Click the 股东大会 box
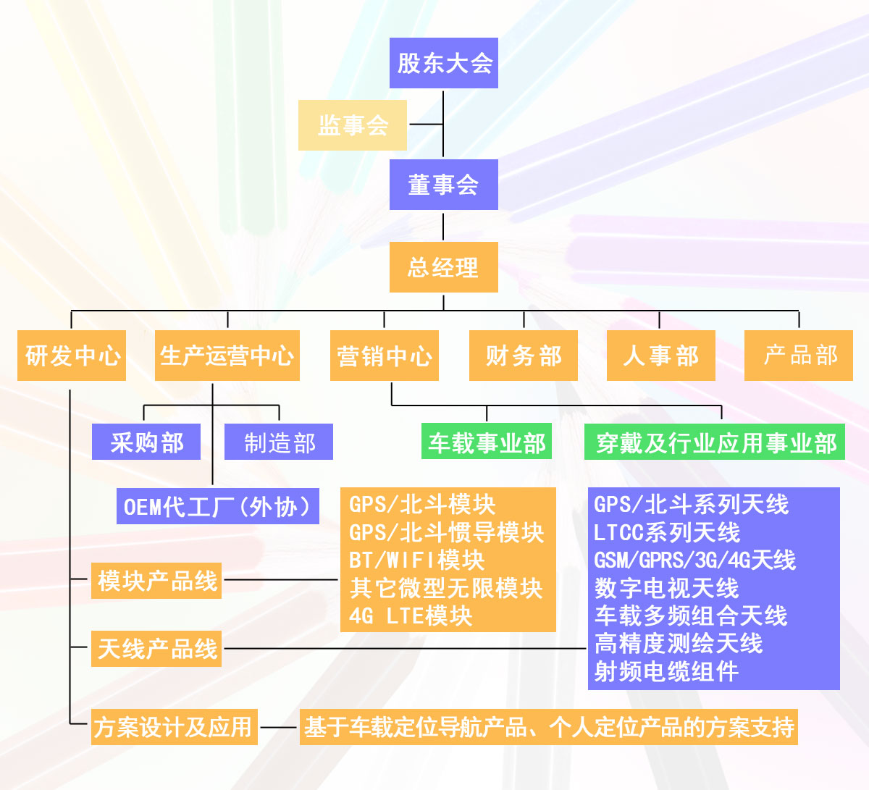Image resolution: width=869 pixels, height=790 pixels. click(x=443, y=63)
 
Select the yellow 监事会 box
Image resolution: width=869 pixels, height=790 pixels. click(x=353, y=125)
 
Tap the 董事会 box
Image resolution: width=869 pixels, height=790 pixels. click(x=443, y=185)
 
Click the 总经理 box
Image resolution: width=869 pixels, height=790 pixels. click(x=443, y=267)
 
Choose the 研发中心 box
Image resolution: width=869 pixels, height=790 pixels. click(x=72, y=356)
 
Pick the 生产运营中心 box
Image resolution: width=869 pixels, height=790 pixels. click(x=227, y=356)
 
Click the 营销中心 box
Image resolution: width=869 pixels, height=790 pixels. click(x=384, y=356)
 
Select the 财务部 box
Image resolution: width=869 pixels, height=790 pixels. click(x=523, y=356)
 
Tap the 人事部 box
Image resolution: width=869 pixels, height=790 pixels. click(x=660, y=356)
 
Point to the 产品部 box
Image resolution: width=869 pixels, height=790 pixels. click(x=799, y=356)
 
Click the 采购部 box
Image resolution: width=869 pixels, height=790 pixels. click(x=146, y=442)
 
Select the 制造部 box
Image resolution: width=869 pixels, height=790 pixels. click(x=279, y=442)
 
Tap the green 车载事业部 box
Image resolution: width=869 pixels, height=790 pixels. click(x=487, y=442)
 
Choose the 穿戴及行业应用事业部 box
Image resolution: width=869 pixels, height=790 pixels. click(x=715, y=442)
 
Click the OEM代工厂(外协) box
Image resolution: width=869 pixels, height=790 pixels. click(x=217, y=506)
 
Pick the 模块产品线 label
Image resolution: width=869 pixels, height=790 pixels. click(x=156, y=581)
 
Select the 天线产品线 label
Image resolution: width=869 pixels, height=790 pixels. click(x=156, y=649)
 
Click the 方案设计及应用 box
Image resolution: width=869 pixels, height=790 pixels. click(x=174, y=727)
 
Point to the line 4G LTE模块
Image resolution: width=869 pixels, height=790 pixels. click(x=411, y=616)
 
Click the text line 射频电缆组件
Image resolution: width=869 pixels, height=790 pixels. click(x=666, y=672)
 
